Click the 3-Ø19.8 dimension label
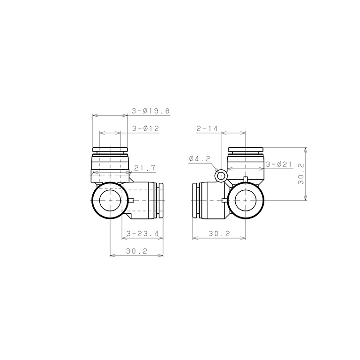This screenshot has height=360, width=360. [x=150, y=111]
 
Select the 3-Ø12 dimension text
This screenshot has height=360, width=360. [x=146, y=128]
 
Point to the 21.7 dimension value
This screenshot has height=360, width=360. [x=145, y=168]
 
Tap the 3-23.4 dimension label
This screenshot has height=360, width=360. [x=142, y=234]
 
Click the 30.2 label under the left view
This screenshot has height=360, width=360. [x=136, y=251]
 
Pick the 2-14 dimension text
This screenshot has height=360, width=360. [x=207, y=128]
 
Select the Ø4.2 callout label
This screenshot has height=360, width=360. [x=200, y=158]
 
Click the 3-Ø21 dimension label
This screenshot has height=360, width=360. [x=279, y=165]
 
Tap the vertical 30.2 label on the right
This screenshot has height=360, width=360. [x=301, y=174]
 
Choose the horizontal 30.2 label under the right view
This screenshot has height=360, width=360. [x=219, y=234]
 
